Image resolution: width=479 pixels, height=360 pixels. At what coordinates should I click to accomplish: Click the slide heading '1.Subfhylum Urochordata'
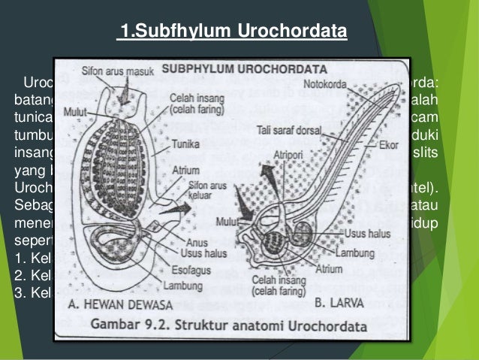[232, 32]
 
